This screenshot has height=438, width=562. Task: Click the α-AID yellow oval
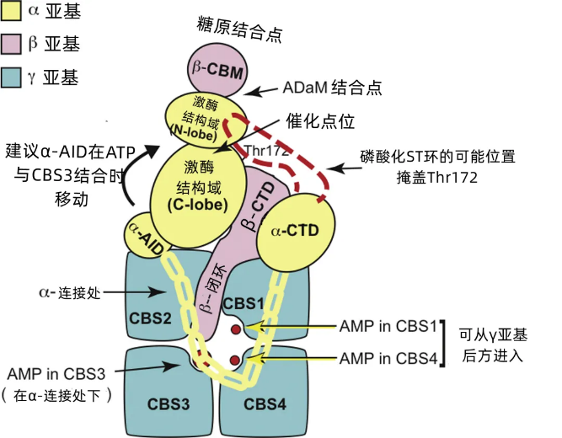pyautogui.click(x=146, y=235)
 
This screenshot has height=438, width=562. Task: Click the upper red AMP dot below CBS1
pyautogui.click(x=236, y=329)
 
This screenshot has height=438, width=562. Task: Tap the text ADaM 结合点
pyautogui.click(x=333, y=88)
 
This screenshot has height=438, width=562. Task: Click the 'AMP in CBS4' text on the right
pyautogui.click(x=388, y=359)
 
